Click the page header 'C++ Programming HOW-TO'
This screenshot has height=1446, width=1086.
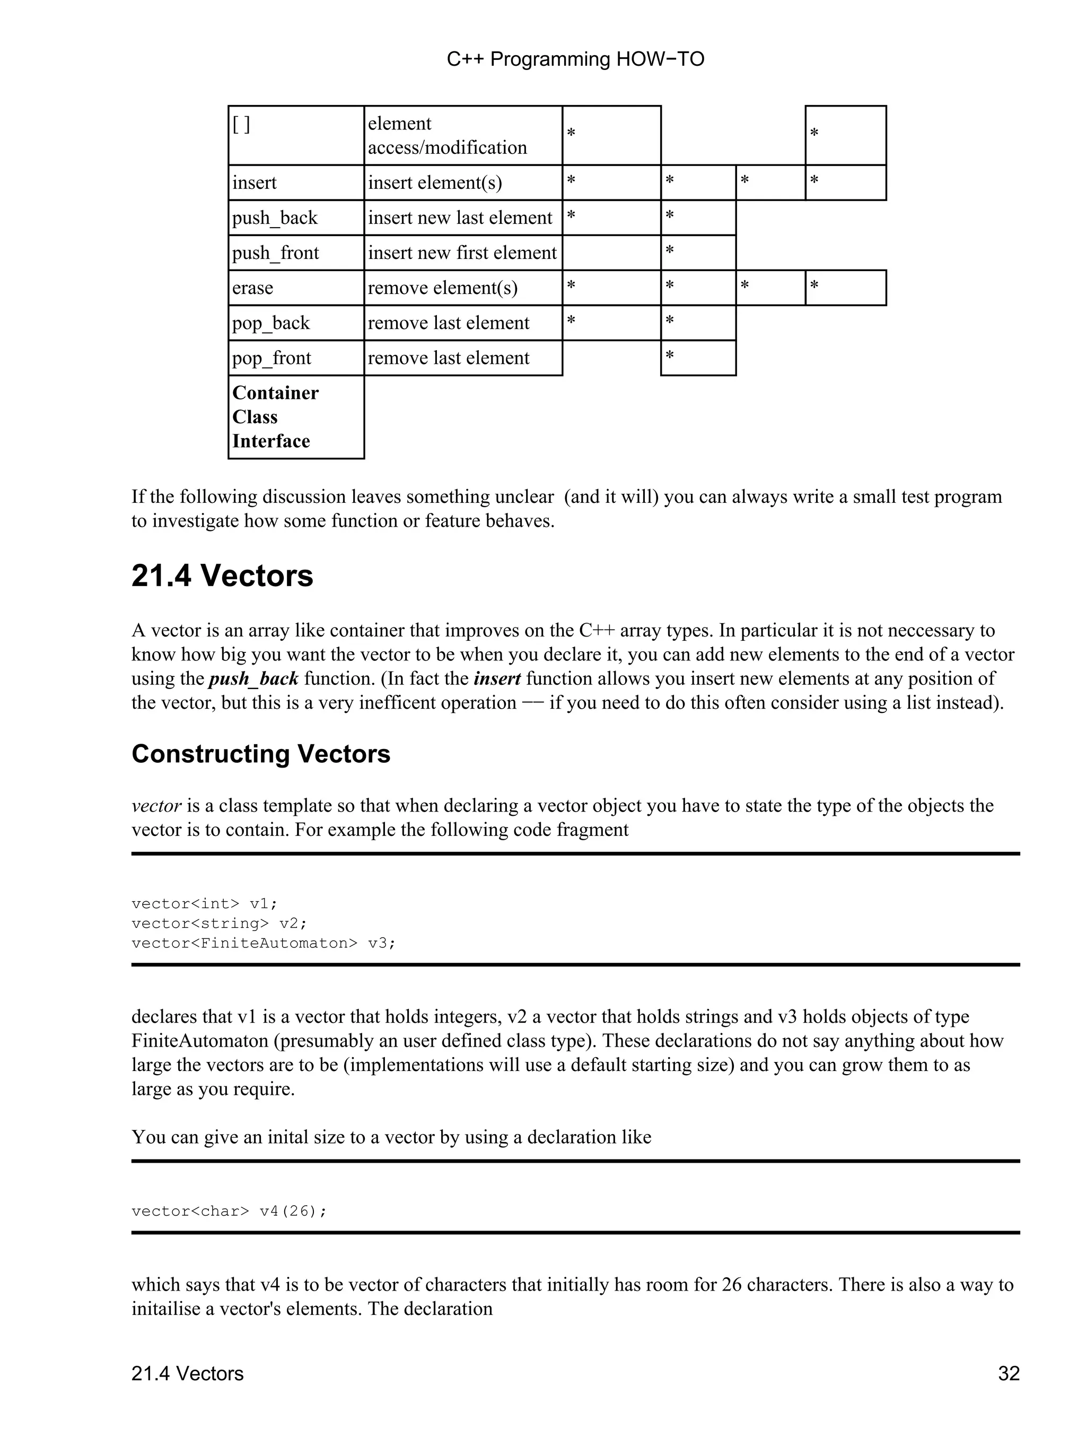click(x=575, y=59)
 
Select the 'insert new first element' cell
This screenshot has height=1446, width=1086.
click(x=462, y=253)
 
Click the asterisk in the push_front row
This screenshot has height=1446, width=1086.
click(x=669, y=251)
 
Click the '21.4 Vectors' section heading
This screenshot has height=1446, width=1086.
click(x=222, y=577)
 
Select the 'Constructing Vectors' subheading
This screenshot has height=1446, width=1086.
click(x=261, y=754)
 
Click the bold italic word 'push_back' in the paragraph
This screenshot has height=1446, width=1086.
click(x=253, y=678)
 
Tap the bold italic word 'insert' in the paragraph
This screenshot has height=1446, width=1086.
click(x=497, y=678)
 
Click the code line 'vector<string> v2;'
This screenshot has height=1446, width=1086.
click(x=219, y=923)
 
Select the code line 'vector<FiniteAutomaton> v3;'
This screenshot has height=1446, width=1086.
click(x=264, y=943)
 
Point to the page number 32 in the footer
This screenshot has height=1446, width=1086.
click(x=1008, y=1373)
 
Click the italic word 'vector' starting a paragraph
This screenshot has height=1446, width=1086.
click(x=156, y=805)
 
